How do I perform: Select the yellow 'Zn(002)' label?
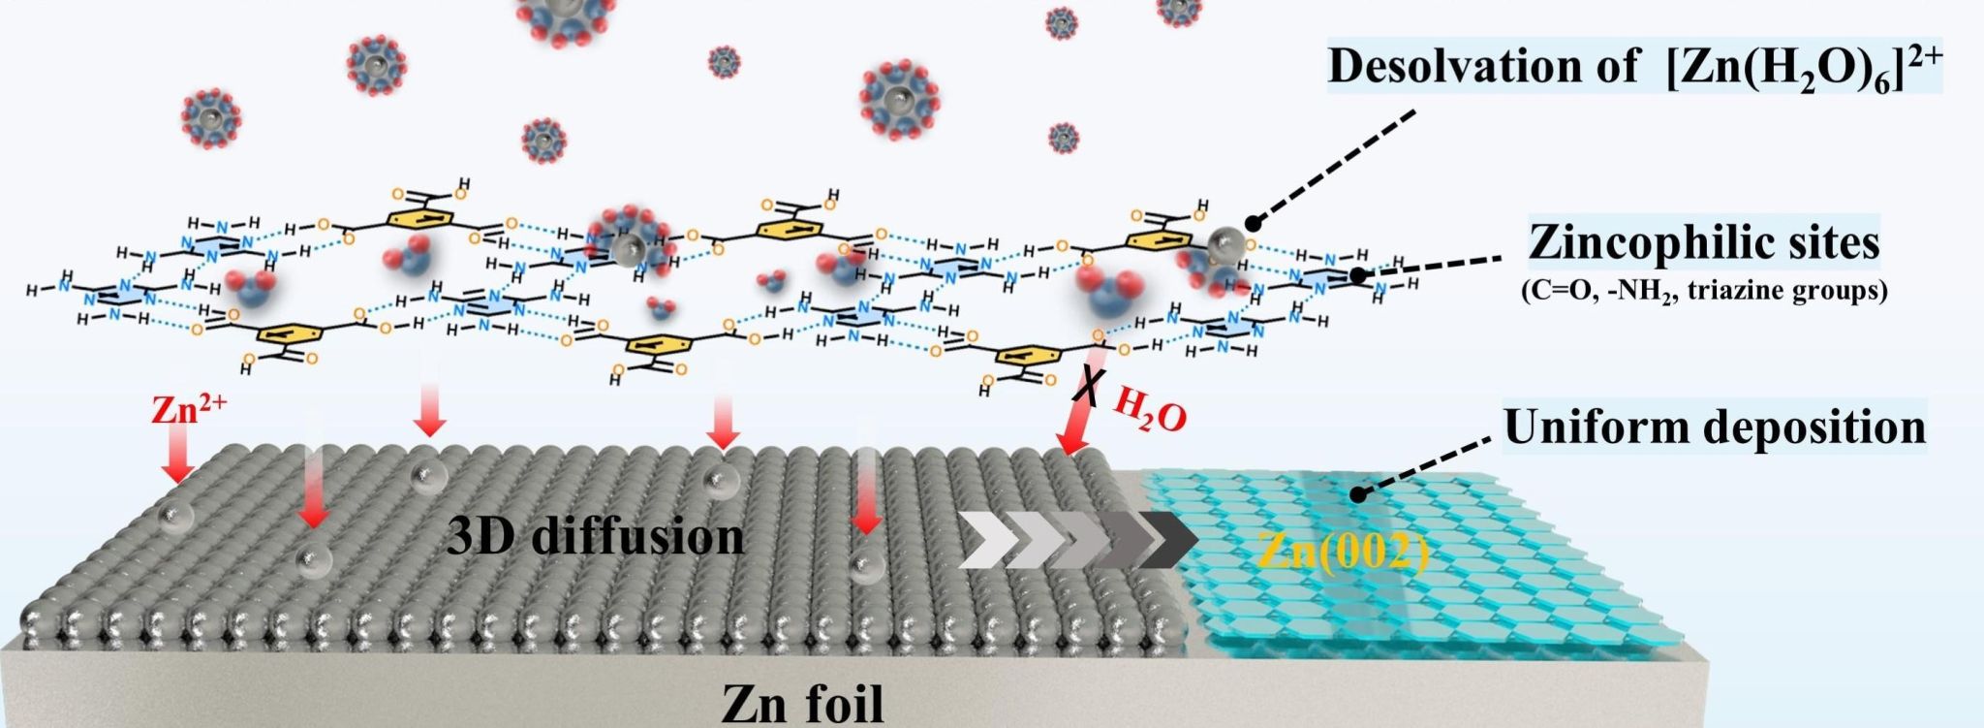(1343, 554)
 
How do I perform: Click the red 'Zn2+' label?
(188, 410)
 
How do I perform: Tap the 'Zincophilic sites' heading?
(1704, 242)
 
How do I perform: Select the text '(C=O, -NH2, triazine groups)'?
(1704, 291)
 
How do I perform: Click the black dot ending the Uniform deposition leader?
(1358, 494)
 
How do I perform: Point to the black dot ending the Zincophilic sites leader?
(1358, 274)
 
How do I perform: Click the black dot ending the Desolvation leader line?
(1252, 221)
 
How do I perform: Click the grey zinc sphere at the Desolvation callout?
(1226, 242)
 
